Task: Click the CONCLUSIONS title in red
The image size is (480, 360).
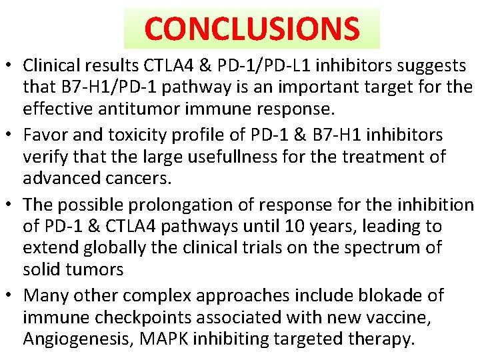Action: pyautogui.click(x=252, y=28)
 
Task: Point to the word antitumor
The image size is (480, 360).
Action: pyautogui.click(x=139, y=109)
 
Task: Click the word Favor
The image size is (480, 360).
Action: pyautogui.click(x=45, y=135)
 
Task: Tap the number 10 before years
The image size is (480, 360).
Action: pyautogui.click(x=285, y=226)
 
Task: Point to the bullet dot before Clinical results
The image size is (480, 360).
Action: pyautogui.click(x=11, y=67)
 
